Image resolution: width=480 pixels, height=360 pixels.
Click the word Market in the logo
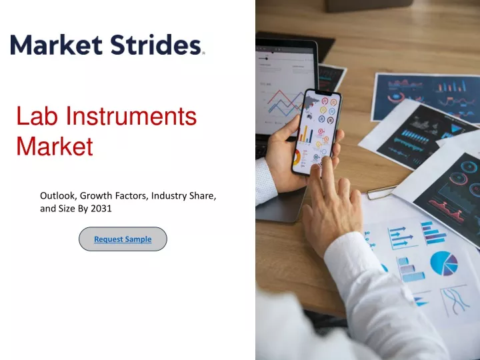pyautogui.click(x=56, y=45)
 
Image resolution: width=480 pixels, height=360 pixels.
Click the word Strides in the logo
pyautogui.click(x=155, y=45)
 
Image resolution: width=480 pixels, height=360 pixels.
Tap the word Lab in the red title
pyautogui.click(x=37, y=116)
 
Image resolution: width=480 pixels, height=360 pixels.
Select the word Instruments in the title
pyautogui.click(x=131, y=116)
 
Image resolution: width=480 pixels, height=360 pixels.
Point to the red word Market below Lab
pyautogui.click(x=55, y=146)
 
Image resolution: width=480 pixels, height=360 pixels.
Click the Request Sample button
pyautogui.click(x=123, y=239)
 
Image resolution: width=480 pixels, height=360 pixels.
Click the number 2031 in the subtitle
pyautogui.click(x=101, y=209)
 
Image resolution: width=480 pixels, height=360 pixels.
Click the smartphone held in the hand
pyautogui.click(x=316, y=132)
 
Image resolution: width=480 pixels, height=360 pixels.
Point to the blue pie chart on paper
pyautogui.click(x=444, y=263)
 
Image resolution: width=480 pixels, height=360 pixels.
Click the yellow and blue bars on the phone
pyautogui.click(x=305, y=135)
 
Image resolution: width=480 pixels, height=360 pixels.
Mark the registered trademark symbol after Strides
pyautogui.click(x=203, y=53)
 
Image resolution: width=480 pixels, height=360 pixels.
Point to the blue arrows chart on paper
pyautogui.click(x=401, y=237)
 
